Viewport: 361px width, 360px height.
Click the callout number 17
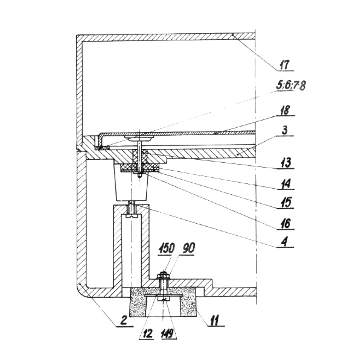(284, 65)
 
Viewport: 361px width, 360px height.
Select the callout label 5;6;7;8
(291, 86)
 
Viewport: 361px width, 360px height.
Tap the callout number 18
(284, 110)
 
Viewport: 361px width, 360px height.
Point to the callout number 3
(285, 130)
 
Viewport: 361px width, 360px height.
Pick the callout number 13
(286, 163)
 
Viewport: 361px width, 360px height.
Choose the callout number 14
(286, 183)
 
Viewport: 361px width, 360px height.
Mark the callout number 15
(286, 203)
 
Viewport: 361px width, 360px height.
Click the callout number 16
(286, 224)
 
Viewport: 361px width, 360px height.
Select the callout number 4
(285, 242)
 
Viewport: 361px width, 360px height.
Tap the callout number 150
(167, 248)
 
